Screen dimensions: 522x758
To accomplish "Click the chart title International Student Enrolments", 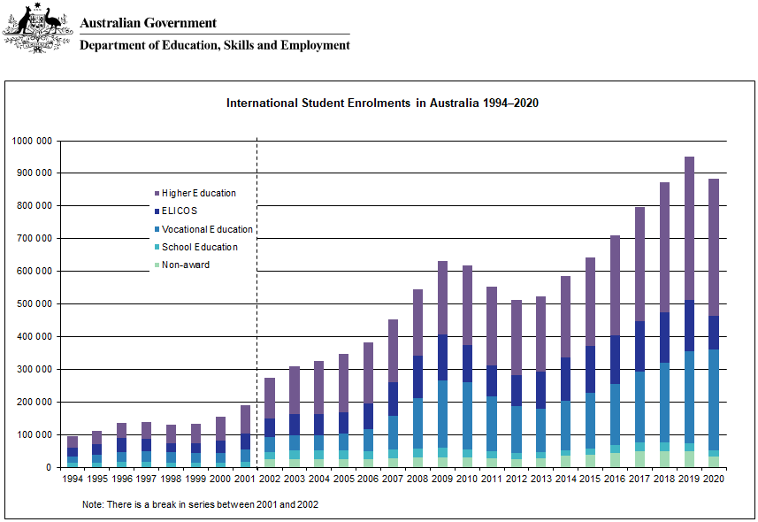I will tap(382, 103).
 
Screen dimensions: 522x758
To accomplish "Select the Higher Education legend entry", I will tap(198, 193).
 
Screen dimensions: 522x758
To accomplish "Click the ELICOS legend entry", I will tap(179, 211).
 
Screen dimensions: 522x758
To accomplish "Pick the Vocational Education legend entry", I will tap(207, 229).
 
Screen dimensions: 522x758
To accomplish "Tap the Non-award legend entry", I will tap(185, 265).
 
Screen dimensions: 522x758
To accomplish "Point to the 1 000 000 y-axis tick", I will tap(32, 141).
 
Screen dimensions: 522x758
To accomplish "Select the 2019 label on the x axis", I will tap(689, 479).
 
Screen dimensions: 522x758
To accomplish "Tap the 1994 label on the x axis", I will tap(73, 479).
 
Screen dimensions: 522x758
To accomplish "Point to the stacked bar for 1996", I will tap(121, 445).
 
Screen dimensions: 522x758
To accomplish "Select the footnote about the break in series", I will tap(199, 503).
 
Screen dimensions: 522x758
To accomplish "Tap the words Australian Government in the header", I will tap(148, 23).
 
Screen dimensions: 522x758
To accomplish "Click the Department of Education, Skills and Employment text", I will tap(215, 45).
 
